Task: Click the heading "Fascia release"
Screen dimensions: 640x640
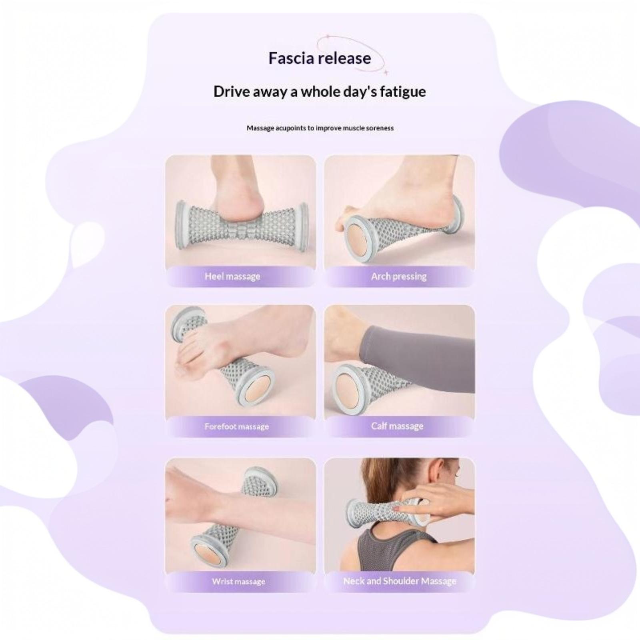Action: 320,58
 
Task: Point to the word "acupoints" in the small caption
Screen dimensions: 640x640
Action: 290,128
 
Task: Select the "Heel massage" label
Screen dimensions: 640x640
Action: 232,276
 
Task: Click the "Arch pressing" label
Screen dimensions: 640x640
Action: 399,276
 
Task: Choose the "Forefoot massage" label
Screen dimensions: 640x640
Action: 236,426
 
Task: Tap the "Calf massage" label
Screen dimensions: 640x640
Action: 397,426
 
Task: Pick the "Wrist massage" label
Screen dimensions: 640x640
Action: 238,581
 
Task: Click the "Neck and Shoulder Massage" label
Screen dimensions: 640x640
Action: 400,581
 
